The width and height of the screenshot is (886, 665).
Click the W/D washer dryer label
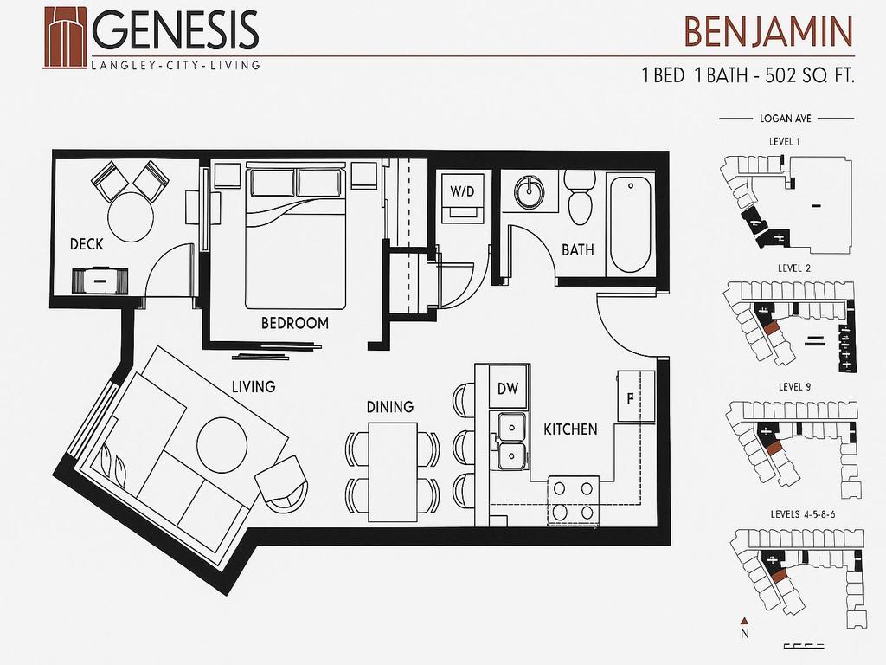tap(462, 191)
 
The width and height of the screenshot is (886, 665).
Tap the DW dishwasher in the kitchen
tap(508, 388)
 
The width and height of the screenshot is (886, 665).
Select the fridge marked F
tap(636, 397)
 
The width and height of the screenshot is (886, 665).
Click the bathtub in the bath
tap(630, 224)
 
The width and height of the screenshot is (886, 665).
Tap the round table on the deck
tap(131, 217)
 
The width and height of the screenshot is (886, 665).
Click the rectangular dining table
tap(393, 472)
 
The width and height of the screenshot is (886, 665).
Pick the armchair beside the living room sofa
tap(282, 483)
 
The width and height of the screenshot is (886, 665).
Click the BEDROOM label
tap(294, 324)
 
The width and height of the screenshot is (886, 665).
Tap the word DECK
tap(87, 244)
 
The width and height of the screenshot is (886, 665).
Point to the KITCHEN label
tap(570, 429)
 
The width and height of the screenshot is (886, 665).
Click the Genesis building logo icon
tap(65, 37)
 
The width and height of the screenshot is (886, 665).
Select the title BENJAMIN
tap(768, 32)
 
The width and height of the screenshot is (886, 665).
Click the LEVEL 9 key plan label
tap(794, 387)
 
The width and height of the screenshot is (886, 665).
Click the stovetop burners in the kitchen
tap(573, 501)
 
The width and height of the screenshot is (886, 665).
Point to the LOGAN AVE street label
tap(786, 119)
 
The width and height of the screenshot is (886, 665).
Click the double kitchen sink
tap(510, 441)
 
